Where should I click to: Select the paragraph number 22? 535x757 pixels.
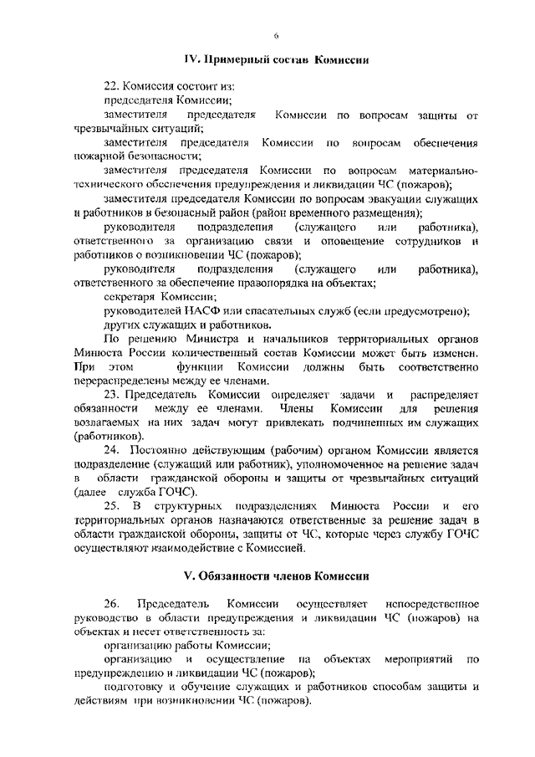(111, 86)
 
